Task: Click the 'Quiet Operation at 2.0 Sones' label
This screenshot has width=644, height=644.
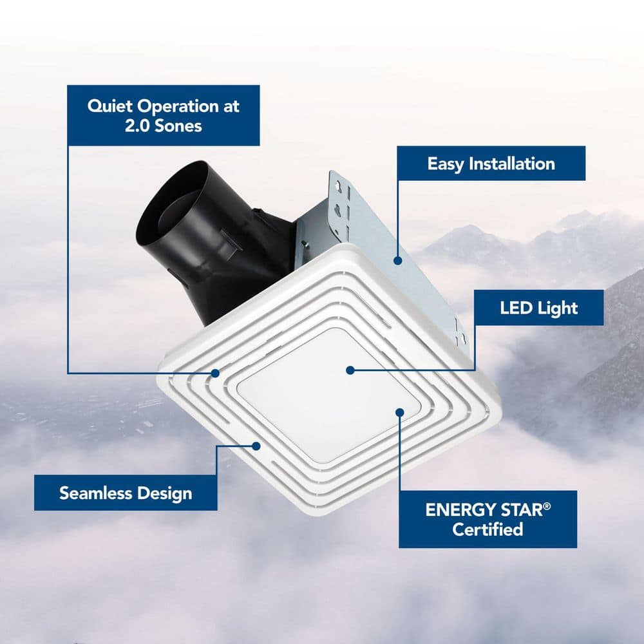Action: (x=163, y=115)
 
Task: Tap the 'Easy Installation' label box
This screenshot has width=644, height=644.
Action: (x=491, y=164)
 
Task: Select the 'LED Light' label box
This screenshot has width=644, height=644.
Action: (x=539, y=307)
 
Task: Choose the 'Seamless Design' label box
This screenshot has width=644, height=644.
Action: (x=126, y=493)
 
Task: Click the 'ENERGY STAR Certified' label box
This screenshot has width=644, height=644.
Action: (x=488, y=519)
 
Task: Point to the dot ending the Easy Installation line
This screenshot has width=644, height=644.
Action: (x=398, y=261)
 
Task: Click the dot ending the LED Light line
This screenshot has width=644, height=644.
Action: (x=350, y=370)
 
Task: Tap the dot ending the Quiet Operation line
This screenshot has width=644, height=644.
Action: (x=215, y=373)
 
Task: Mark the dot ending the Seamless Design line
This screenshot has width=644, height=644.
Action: (x=256, y=445)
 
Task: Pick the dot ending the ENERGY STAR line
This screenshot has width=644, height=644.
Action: (x=399, y=412)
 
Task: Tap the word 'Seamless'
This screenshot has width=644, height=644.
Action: (x=95, y=493)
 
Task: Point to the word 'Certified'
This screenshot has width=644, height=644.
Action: (x=487, y=530)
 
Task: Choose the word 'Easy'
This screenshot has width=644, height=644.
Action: (x=446, y=164)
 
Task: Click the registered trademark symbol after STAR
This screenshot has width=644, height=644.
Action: (x=547, y=507)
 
